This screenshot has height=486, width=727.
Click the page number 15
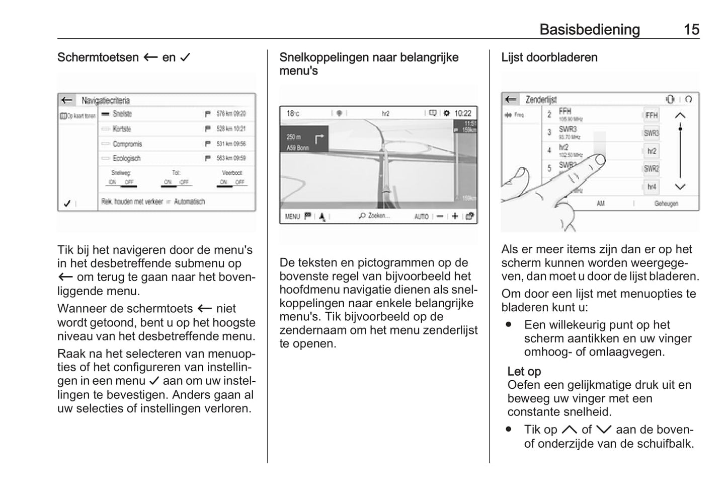(x=691, y=30)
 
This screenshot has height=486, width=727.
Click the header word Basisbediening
(x=589, y=30)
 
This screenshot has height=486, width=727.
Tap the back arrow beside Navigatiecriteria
(x=66, y=100)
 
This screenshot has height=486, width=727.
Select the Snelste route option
(x=122, y=114)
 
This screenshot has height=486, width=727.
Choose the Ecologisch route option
(x=126, y=158)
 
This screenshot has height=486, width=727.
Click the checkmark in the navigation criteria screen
(x=67, y=203)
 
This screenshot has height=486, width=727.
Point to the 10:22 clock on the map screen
(x=462, y=113)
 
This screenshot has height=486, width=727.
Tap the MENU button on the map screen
(x=292, y=217)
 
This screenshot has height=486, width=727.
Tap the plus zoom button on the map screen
(x=455, y=216)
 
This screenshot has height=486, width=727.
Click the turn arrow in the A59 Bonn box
(x=318, y=138)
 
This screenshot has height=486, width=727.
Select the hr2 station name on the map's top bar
(x=385, y=113)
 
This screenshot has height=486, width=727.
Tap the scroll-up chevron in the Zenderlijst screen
(x=680, y=115)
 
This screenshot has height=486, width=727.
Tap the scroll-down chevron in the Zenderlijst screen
(x=680, y=187)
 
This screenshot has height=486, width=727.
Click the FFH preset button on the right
(x=651, y=115)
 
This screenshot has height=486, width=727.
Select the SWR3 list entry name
(x=568, y=129)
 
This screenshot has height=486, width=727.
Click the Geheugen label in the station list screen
(x=666, y=203)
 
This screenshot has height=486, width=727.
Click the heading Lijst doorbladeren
(x=549, y=57)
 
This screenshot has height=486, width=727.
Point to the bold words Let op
(x=524, y=372)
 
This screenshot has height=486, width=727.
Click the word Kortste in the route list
(x=121, y=129)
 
